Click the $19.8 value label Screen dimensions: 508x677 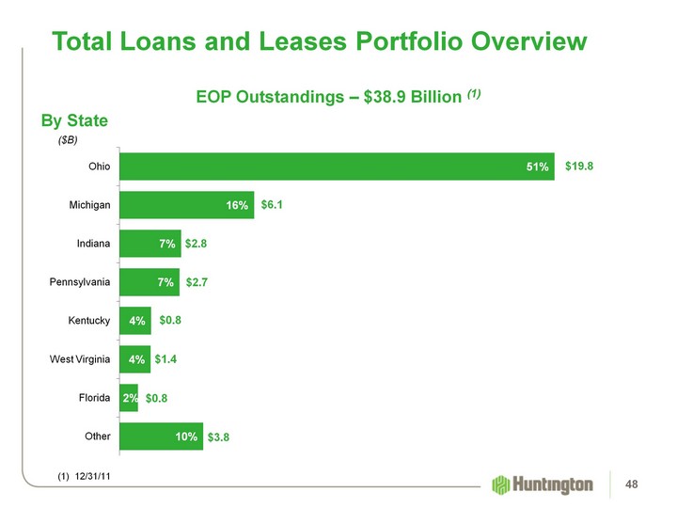click(x=580, y=167)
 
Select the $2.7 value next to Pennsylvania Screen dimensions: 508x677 click(x=198, y=282)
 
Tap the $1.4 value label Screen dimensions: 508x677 click(x=167, y=359)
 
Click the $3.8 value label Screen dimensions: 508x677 click(x=219, y=437)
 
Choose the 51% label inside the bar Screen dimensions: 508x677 click(x=537, y=167)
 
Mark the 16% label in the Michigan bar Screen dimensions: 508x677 click(x=236, y=206)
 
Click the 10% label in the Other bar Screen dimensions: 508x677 click(x=185, y=437)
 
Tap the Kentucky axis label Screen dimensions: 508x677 click(x=90, y=321)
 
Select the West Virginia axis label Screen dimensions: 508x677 click(x=80, y=359)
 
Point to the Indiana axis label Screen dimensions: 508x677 click(x=94, y=244)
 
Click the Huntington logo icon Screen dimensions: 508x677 click(x=500, y=484)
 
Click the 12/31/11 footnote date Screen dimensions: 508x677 click(x=91, y=477)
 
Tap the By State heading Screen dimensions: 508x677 click(x=74, y=121)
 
